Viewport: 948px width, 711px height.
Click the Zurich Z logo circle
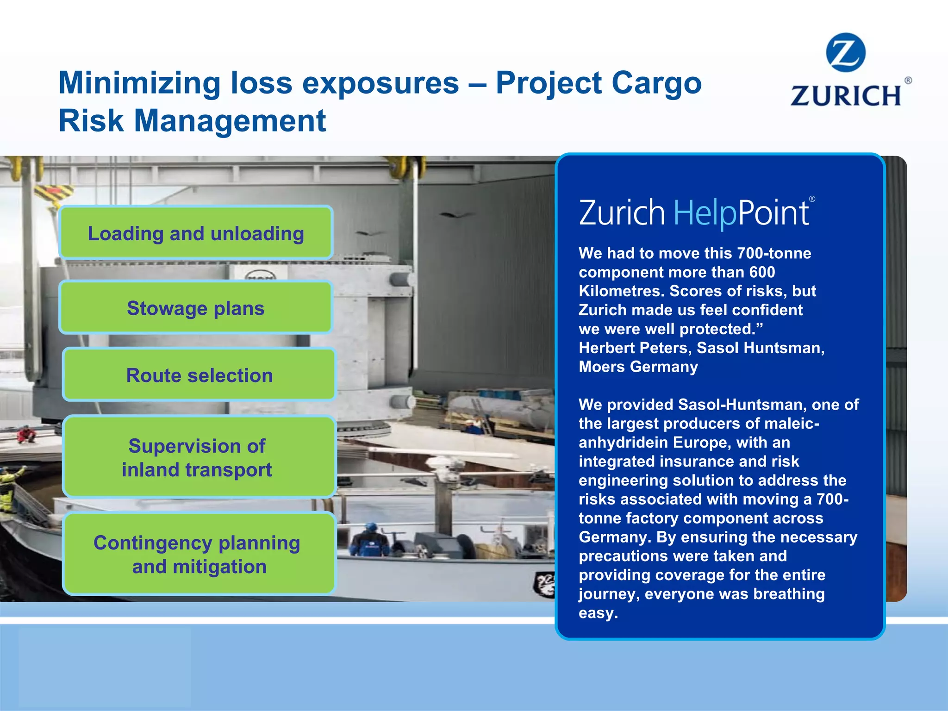tap(845, 52)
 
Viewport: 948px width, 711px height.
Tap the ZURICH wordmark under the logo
tap(846, 96)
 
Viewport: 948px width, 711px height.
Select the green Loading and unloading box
tap(196, 233)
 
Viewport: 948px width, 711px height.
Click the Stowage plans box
tap(196, 308)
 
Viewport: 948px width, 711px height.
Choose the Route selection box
tap(199, 375)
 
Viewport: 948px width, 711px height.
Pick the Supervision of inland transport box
tap(199, 457)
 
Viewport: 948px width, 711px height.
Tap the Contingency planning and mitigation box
tap(199, 554)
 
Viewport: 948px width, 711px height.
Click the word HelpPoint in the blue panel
tap(741, 213)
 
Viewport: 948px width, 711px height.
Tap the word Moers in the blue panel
tap(602, 367)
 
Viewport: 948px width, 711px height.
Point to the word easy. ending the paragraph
tap(598, 613)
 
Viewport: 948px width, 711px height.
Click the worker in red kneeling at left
tap(26, 435)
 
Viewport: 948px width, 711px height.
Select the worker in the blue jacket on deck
tap(370, 540)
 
